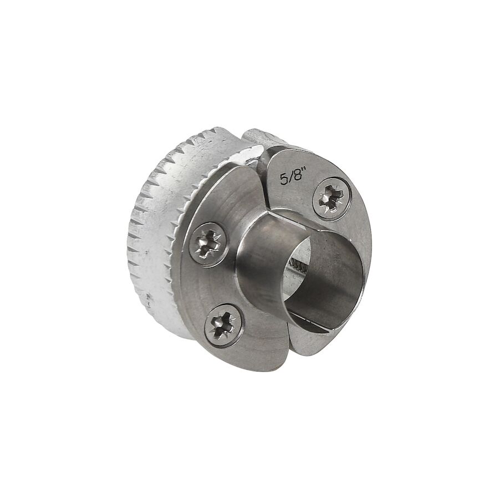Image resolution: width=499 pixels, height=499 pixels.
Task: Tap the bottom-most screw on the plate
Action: pyautogui.click(x=224, y=323)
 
